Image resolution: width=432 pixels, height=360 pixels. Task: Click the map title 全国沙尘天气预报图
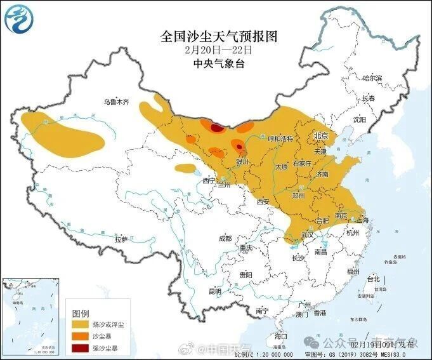(x=219, y=36)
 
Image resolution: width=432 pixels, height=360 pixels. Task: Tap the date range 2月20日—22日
(x=218, y=50)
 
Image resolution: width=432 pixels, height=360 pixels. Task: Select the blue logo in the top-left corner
(x=17, y=18)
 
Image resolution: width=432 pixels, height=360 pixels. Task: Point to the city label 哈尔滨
(x=372, y=78)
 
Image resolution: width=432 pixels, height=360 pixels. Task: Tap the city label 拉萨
(x=121, y=239)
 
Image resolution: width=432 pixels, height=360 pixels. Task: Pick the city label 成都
(x=225, y=238)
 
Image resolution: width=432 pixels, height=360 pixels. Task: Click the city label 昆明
(x=215, y=291)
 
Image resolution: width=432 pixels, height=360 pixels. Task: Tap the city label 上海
(x=363, y=220)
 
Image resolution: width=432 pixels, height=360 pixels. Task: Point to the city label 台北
(x=372, y=278)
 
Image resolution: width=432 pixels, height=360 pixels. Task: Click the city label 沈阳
(x=360, y=119)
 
